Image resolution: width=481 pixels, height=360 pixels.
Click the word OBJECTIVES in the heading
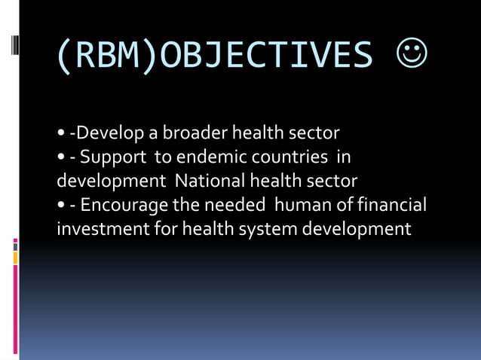(266, 56)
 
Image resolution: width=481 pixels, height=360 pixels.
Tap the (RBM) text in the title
(107, 56)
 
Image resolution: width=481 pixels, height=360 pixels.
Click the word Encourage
(124, 205)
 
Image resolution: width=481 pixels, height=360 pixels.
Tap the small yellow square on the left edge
(16, 258)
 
